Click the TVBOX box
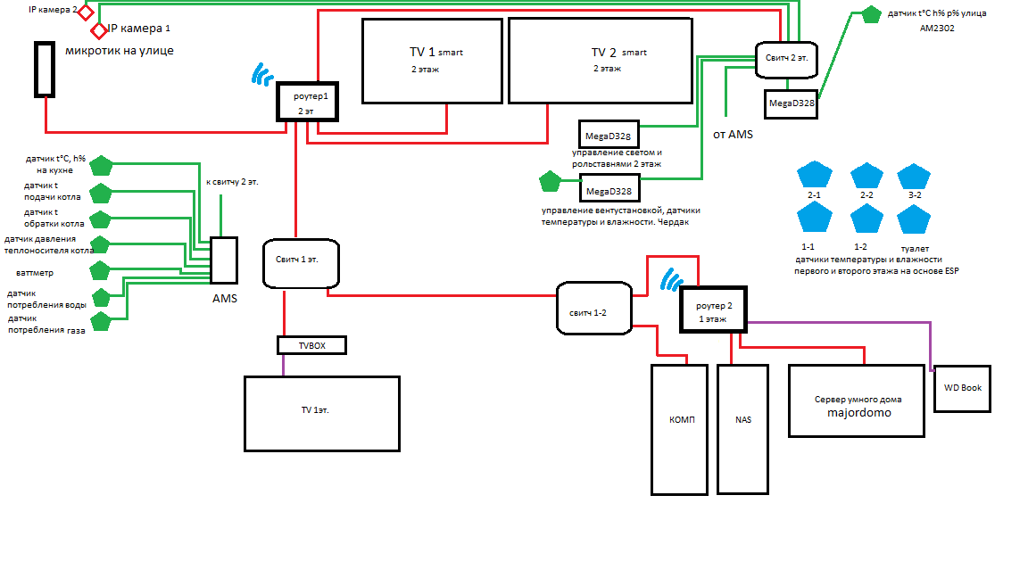311,345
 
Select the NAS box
742,429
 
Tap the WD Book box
962,388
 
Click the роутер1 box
308,102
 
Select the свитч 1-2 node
593,309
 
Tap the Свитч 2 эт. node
786,57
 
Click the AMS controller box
224,260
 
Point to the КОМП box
683,429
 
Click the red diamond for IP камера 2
86,12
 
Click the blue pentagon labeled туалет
912,219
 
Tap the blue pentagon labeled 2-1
814,175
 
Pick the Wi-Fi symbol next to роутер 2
670,281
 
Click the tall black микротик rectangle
44,69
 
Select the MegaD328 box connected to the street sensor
790,103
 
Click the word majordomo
858,413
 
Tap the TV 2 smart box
601,59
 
